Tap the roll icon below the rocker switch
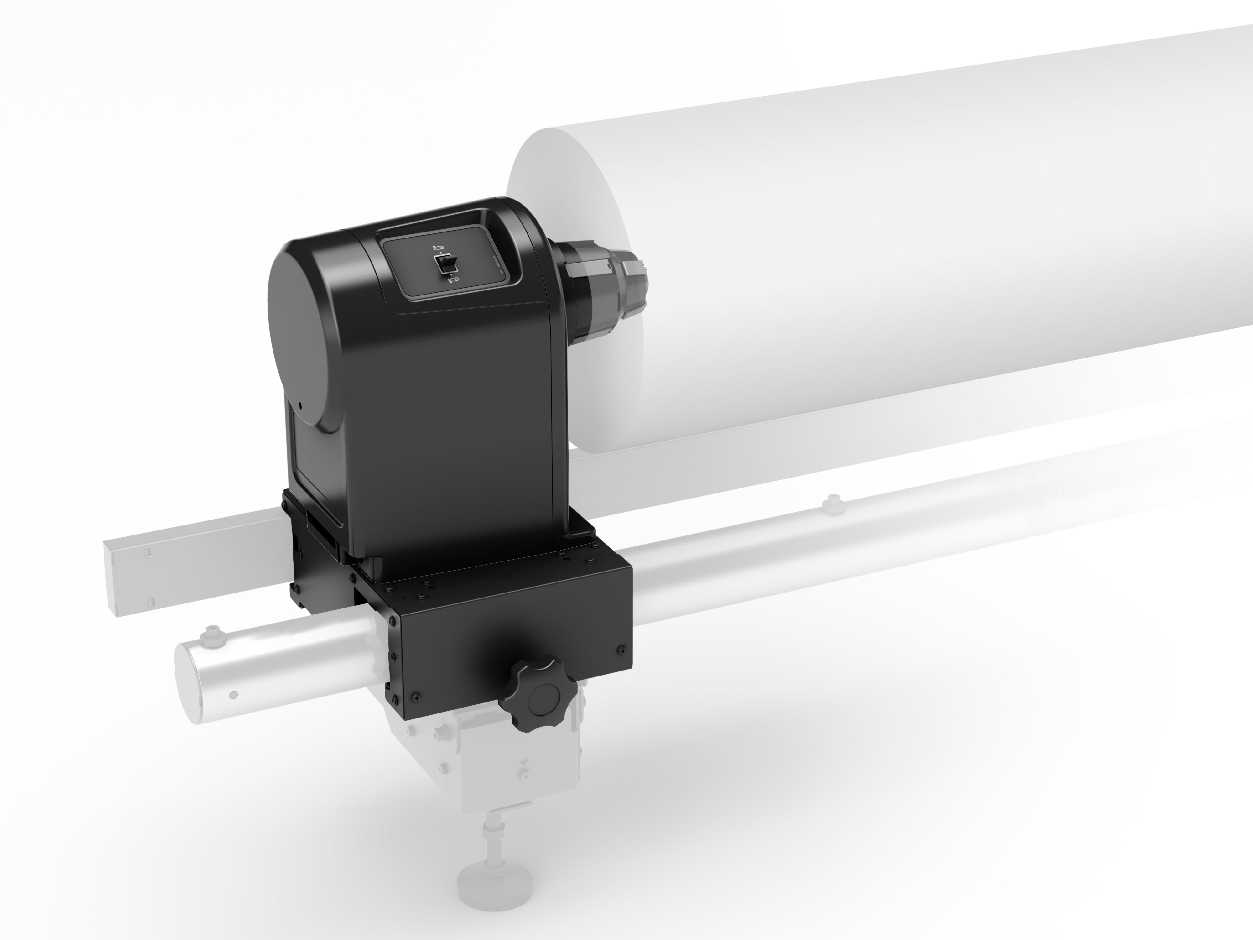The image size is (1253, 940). pos(454,279)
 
